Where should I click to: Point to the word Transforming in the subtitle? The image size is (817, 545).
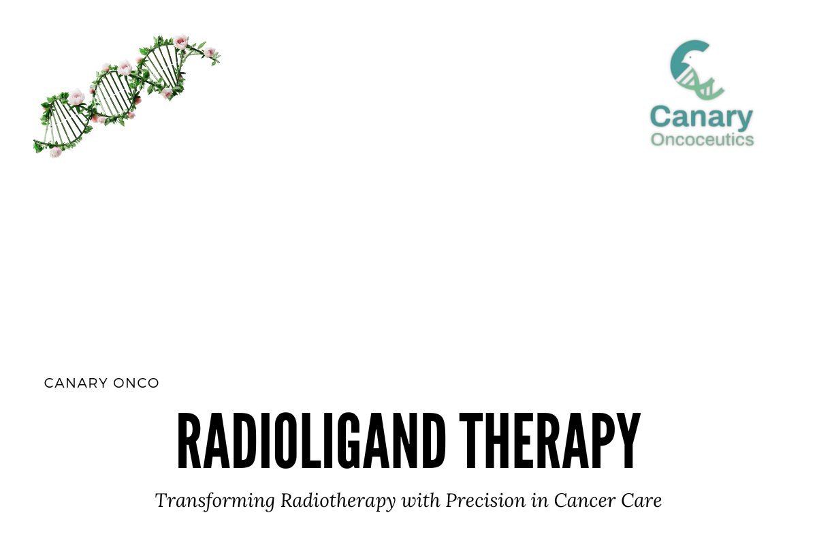coord(215,501)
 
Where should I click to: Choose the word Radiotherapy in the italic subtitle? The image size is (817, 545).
coord(338,501)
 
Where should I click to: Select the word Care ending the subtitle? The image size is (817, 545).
coord(643,501)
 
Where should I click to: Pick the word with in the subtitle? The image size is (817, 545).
coord(421,501)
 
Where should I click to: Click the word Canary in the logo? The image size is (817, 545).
coord(702,118)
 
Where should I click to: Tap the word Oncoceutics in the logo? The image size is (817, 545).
coord(702,140)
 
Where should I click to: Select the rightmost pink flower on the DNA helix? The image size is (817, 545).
coord(210,52)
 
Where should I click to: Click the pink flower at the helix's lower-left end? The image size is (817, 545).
coord(55,152)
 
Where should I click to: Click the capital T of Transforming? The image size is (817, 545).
coord(161,501)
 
